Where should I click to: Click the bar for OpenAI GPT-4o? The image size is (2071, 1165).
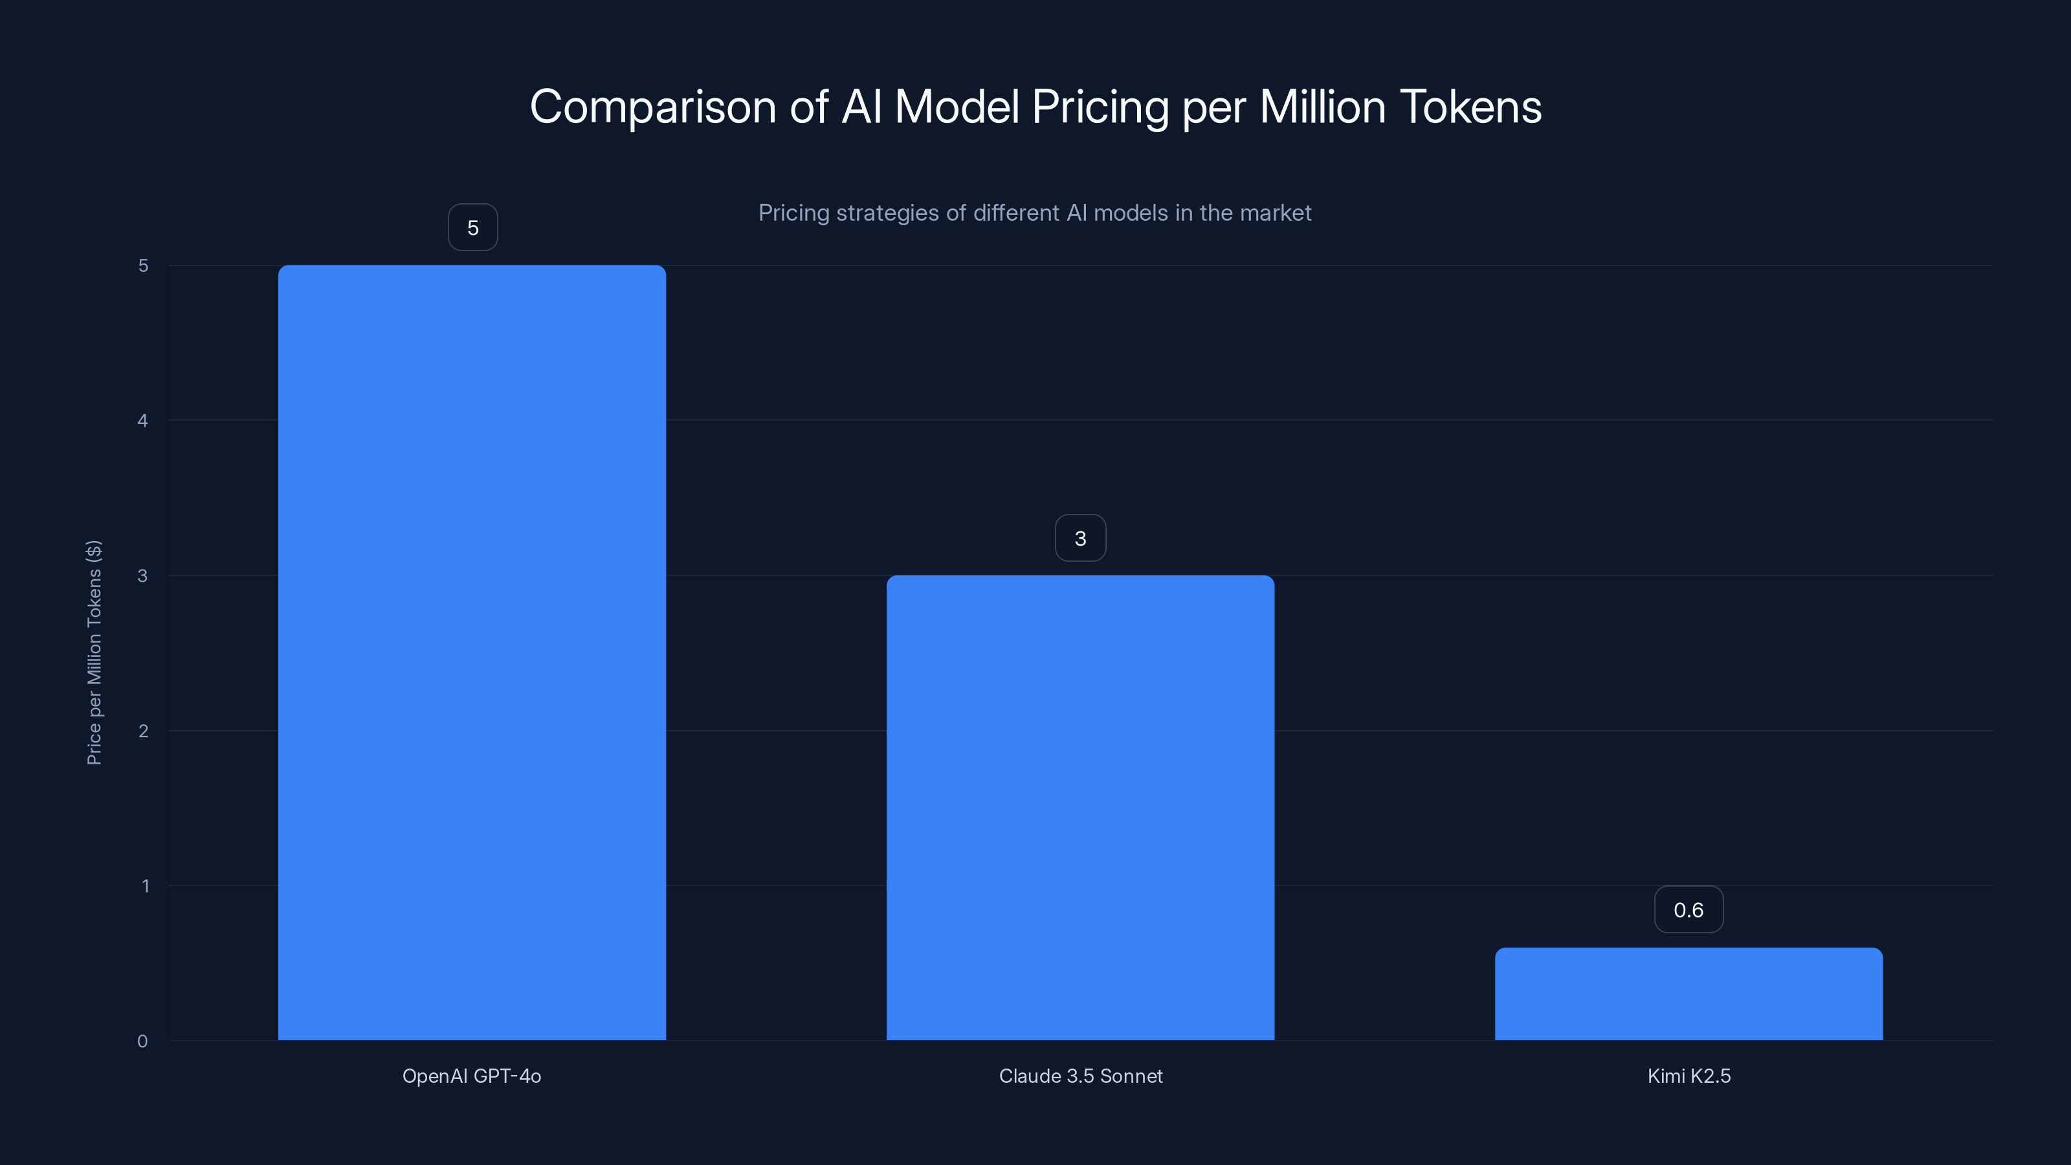tap(472, 652)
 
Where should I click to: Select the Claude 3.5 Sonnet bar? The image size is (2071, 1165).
tap(1080, 807)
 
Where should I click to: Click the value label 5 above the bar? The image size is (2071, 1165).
tap(472, 228)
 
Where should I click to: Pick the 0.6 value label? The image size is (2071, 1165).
tap(1689, 910)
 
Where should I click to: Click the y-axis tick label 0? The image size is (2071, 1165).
tap(142, 1042)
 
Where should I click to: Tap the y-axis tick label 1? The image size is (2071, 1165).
tap(145, 886)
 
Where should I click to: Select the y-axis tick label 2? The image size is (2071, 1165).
tap(143, 731)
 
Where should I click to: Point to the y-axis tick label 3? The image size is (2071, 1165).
tap(142, 575)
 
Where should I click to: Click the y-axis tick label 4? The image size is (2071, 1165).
tap(142, 421)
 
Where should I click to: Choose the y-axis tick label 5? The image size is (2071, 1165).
tap(143, 265)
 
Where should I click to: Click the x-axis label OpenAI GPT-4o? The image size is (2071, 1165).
tap(472, 1076)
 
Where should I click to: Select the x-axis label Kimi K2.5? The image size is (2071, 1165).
tap(1689, 1076)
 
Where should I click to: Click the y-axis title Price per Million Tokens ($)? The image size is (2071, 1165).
tap(94, 652)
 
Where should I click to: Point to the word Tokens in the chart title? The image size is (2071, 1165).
tap(1470, 107)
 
